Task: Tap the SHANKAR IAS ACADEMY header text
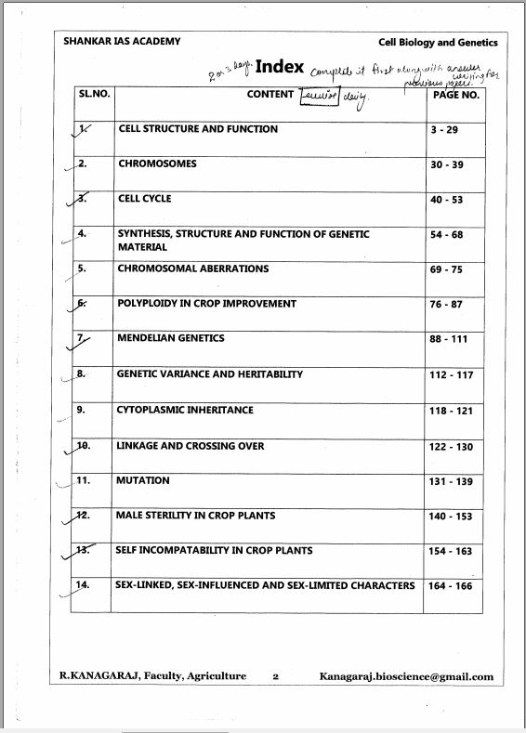pos(121,42)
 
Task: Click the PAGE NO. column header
pos(456,95)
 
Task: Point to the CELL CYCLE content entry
pos(145,199)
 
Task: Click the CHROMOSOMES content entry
pos(157,164)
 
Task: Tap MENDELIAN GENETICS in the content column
pos(171,338)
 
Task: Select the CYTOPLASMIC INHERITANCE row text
pos(185,410)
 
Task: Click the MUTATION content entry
pos(143,480)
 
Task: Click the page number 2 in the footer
pos(276,677)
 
